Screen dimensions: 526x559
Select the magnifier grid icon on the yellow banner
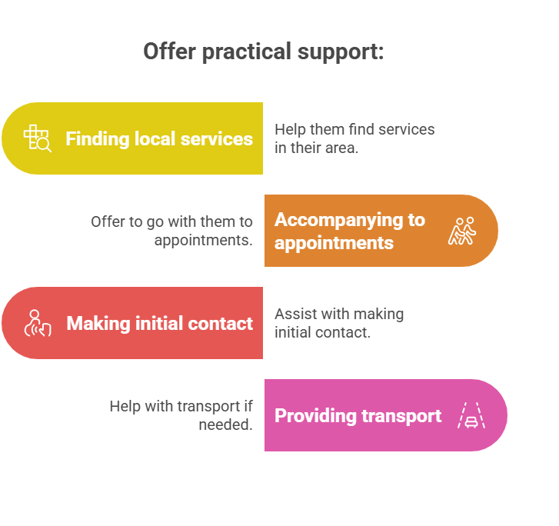pyautogui.click(x=37, y=138)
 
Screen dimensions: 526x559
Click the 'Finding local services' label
pyautogui.click(x=159, y=139)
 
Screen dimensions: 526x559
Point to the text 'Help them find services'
pyautogui.click(x=354, y=129)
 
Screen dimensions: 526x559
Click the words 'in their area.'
pyautogui.click(x=316, y=148)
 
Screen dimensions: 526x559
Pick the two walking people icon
pyautogui.click(x=462, y=231)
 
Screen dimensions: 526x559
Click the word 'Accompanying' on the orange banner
pyautogui.click(x=349, y=220)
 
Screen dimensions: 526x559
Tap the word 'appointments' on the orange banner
pyautogui.click(x=334, y=243)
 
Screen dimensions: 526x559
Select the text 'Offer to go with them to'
pyautogui.click(x=171, y=221)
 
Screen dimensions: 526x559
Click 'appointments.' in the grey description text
pyautogui.click(x=203, y=240)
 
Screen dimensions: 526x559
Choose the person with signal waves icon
pyautogui.click(x=37, y=323)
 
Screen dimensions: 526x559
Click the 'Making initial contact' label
pyautogui.click(x=159, y=324)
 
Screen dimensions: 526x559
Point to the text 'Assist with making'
pyautogui.click(x=339, y=314)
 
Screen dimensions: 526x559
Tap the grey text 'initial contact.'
pyautogui.click(x=322, y=332)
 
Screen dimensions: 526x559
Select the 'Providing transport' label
pyautogui.click(x=358, y=416)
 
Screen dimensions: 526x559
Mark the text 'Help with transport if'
pyautogui.click(x=181, y=406)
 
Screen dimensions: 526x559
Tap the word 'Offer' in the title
pyautogui.click(x=164, y=52)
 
